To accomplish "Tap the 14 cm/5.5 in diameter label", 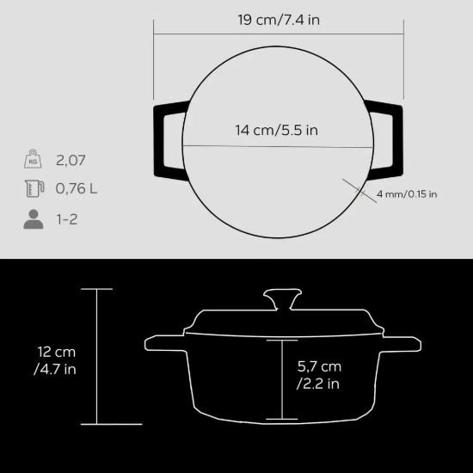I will point(277,131).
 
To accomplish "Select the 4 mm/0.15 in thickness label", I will point(407,193).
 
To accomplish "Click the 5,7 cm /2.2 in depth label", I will point(319,374).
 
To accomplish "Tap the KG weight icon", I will point(33,160).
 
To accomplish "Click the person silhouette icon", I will point(33,219).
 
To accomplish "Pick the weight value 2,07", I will point(72,160).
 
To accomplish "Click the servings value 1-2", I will point(68,219).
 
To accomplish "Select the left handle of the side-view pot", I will point(167,344).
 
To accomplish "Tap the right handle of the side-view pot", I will point(392,344).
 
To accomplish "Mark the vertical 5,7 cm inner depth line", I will point(280,378).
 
